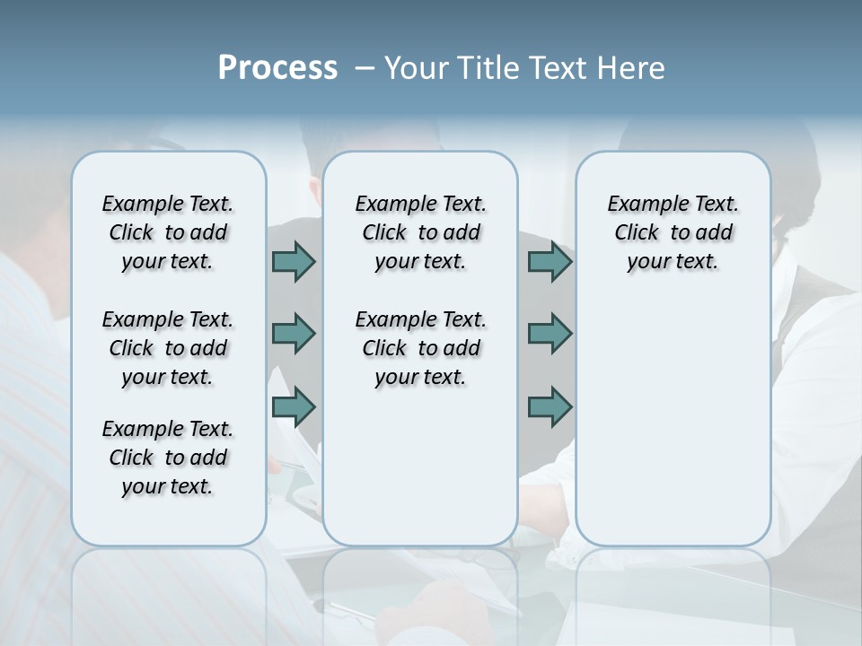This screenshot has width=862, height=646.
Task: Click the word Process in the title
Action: pos(277,68)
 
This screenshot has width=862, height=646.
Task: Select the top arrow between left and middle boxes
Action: pos(294,261)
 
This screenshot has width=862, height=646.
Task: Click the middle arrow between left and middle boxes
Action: pos(294,334)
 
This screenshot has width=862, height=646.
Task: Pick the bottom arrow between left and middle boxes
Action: pos(294,407)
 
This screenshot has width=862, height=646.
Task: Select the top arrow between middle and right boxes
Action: pos(550,261)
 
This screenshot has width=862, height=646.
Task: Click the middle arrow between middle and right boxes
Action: pos(550,334)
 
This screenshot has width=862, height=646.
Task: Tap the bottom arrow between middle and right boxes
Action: pos(550,407)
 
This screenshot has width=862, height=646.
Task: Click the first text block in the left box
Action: pos(168,232)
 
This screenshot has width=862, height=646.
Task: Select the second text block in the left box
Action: pos(168,348)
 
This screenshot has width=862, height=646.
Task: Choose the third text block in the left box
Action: pos(168,458)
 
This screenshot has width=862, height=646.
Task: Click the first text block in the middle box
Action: pos(420,232)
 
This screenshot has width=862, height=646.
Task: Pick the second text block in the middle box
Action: pos(420,348)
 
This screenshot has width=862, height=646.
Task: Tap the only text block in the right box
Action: pos(673,232)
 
